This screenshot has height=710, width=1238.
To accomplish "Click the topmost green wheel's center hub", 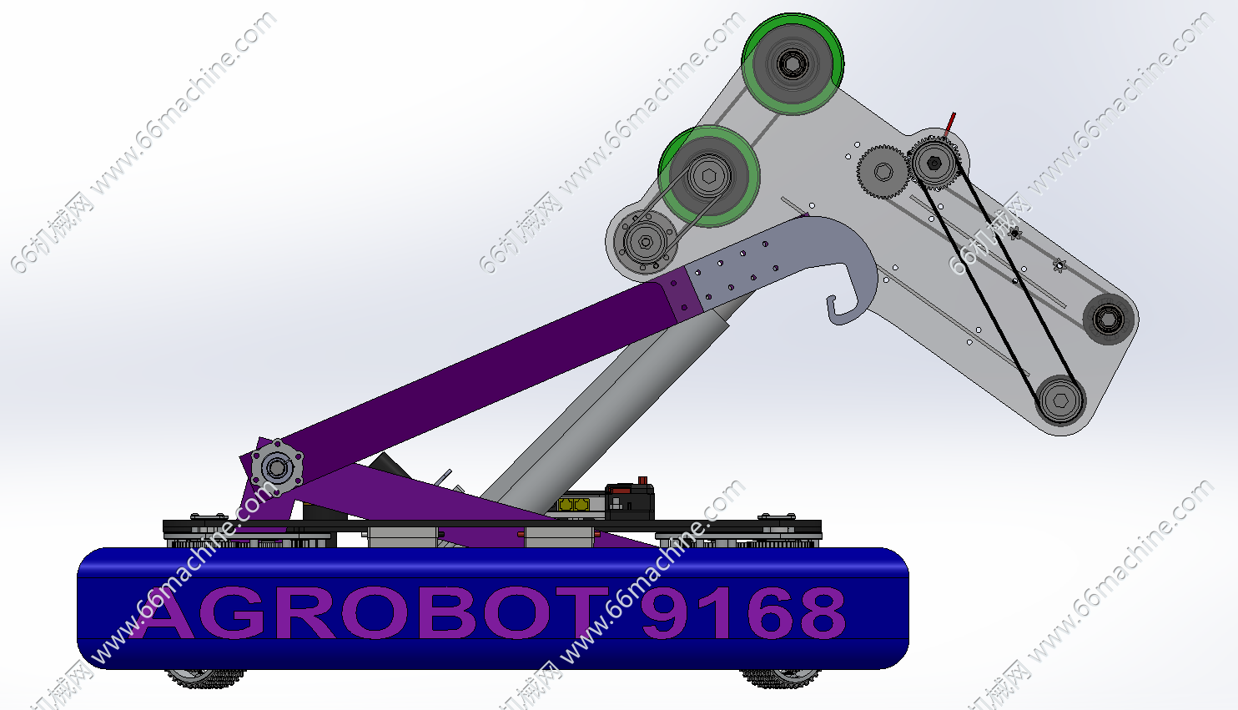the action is (x=792, y=64).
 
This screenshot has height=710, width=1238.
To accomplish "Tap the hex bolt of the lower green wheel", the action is (x=709, y=176).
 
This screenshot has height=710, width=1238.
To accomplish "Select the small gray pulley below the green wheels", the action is (x=645, y=242).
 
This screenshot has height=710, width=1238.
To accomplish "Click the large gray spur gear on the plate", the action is (x=883, y=172).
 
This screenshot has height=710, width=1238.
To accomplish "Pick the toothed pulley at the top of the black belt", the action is (x=934, y=163).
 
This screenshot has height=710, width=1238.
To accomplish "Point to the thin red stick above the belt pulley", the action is (x=949, y=124).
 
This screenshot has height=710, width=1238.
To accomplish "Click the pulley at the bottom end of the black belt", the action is (x=1060, y=400).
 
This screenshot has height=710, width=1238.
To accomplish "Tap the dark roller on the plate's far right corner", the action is (x=1108, y=319).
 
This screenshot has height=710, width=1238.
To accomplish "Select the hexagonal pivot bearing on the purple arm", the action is (x=277, y=468).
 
